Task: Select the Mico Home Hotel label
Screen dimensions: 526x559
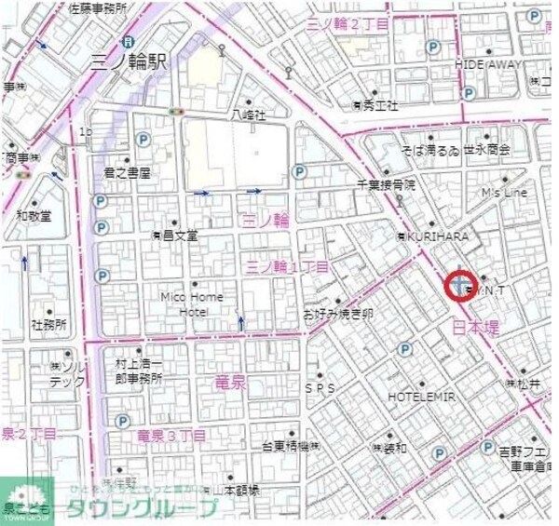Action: (x=192, y=304)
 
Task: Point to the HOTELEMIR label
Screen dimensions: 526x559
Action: (x=422, y=397)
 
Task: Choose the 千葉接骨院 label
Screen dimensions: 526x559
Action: (x=385, y=185)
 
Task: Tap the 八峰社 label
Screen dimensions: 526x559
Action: (x=249, y=115)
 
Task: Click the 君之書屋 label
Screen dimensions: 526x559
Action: (x=127, y=173)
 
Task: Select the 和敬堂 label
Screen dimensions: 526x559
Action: (x=34, y=215)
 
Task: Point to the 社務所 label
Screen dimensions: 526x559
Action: (x=48, y=325)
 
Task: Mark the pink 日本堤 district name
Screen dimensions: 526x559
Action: (x=475, y=327)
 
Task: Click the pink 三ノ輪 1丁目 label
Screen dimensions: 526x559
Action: (x=287, y=267)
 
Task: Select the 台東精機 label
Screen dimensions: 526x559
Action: (x=291, y=446)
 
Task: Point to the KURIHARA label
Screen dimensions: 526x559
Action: (x=436, y=236)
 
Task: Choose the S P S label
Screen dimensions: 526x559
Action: (x=319, y=386)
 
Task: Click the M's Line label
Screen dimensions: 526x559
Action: (x=503, y=193)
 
